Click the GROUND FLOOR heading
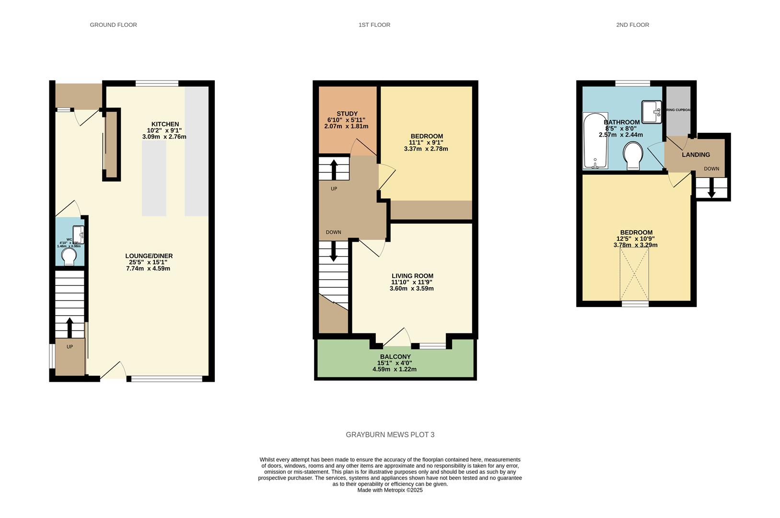[x=113, y=25]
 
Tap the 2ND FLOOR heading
[x=632, y=25]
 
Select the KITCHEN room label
[x=165, y=124]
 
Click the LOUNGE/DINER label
[x=149, y=256]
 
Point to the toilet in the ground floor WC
[x=69, y=256]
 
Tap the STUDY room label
[x=347, y=114]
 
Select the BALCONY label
[x=395, y=357]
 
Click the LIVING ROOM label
[x=412, y=276]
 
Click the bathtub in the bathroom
[x=595, y=140]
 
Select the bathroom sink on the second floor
[x=651, y=112]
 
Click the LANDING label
[x=696, y=154]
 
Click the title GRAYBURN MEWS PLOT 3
[x=390, y=435]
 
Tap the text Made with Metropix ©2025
[x=390, y=490]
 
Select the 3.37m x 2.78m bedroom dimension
[x=426, y=149]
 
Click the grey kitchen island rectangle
[x=154, y=178]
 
